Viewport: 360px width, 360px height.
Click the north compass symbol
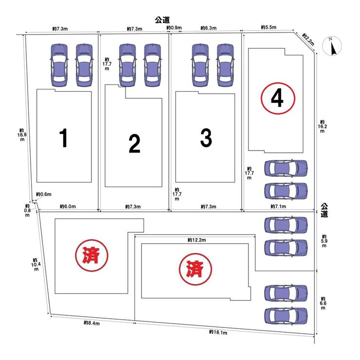click(x=332, y=46)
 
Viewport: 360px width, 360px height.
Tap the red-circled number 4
click(x=277, y=98)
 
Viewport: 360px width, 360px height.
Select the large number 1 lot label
click(x=63, y=138)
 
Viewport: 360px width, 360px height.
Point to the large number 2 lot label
click(x=134, y=144)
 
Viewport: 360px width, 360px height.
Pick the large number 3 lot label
click(x=206, y=138)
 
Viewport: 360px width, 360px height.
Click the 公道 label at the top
click(x=162, y=20)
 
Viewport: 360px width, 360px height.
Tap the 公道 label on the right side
click(x=324, y=210)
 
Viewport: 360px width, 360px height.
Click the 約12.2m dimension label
click(x=197, y=240)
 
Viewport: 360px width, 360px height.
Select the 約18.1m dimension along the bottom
click(x=218, y=332)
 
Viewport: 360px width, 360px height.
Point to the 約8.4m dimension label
click(x=92, y=323)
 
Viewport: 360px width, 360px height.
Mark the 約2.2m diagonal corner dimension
click(x=308, y=39)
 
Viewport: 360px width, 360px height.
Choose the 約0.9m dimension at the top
click(x=174, y=28)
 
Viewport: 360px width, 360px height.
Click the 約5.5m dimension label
click(x=269, y=27)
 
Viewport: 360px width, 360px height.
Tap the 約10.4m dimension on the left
click(x=36, y=264)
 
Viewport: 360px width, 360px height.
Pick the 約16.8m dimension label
click(x=22, y=135)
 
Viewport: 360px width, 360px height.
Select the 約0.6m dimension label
click(x=44, y=194)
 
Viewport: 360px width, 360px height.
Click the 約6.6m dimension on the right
click(x=323, y=303)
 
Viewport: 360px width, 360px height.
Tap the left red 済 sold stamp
click(x=92, y=255)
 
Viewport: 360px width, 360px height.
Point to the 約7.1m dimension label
click(x=278, y=206)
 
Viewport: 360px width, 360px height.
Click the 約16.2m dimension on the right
click(x=323, y=126)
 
